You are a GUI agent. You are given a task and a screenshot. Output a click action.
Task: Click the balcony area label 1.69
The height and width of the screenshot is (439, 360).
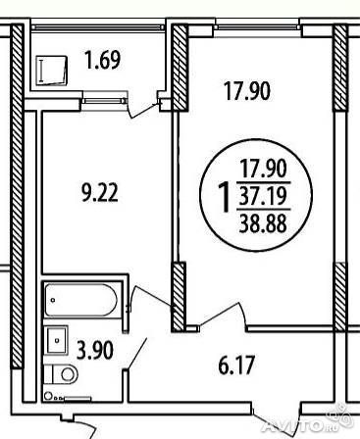(x=103, y=60)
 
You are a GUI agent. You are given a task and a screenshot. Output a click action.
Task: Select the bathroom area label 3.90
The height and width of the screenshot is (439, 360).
(x=95, y=350)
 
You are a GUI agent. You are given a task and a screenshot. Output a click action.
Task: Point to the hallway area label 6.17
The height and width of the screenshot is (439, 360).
(x=236, y=366)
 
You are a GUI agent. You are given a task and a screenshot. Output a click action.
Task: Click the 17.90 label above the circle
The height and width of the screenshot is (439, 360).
(x=247, y=91)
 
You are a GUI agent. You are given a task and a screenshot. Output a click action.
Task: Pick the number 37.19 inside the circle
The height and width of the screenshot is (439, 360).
(x=263, y=196)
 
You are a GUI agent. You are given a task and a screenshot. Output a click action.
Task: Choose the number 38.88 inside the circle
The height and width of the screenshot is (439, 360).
(x=263, y=223)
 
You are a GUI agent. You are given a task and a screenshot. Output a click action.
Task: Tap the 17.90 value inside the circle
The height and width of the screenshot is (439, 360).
(x=263, y=169)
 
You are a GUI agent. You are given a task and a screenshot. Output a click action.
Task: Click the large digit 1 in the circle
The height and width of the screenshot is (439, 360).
(x=225, y=197)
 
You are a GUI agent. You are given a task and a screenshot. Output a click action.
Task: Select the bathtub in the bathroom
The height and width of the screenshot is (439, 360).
(x=80, y=300)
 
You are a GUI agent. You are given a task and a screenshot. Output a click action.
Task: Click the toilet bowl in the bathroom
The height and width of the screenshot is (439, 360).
(x=62, y=374)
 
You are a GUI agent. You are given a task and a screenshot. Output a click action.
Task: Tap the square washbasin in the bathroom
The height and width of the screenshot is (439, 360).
(x=57, y=340)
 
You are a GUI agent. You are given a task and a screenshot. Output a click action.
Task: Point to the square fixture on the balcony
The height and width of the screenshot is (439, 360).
(x=51, y=71)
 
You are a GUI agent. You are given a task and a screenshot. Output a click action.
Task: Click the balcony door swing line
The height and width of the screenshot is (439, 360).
(x=142, y=111)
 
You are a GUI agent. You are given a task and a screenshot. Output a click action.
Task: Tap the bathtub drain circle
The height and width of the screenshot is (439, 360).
(x=53, y=300)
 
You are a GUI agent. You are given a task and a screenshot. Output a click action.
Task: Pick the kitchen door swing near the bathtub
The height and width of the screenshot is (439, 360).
(x=151, y=297)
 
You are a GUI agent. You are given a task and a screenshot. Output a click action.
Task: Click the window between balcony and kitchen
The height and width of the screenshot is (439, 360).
(x=104, y=101)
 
